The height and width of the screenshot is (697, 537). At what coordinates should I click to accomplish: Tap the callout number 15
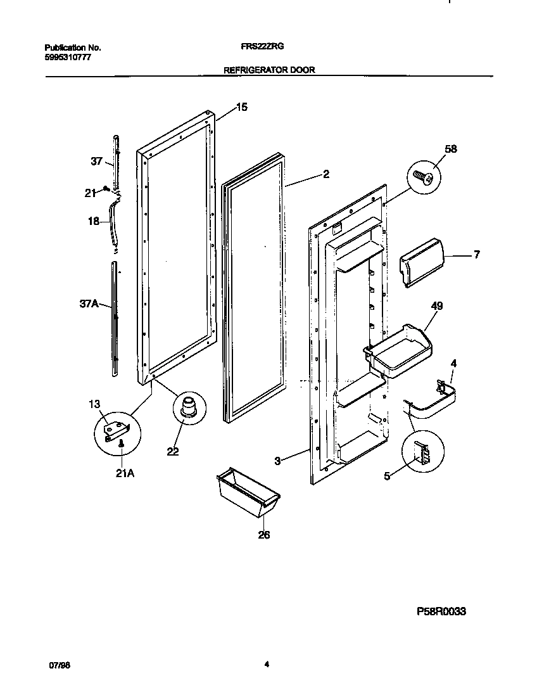click(241, 107)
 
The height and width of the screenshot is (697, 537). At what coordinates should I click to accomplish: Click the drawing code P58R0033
click(442, 613)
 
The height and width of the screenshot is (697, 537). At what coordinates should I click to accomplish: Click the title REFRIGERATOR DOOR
click(269, 71)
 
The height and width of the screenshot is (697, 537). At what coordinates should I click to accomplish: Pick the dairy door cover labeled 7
click(420, 262)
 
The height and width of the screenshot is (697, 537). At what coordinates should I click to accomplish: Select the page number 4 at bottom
click(267, 665)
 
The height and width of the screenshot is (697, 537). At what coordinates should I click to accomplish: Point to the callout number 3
click(277, 461)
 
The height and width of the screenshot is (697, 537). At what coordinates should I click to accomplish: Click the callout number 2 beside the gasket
click(325, 174)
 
